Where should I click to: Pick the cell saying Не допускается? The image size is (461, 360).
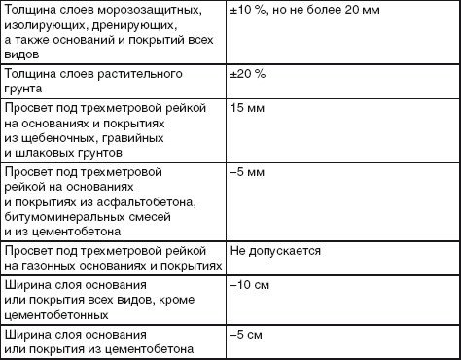275,250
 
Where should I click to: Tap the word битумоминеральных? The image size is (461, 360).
66,218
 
